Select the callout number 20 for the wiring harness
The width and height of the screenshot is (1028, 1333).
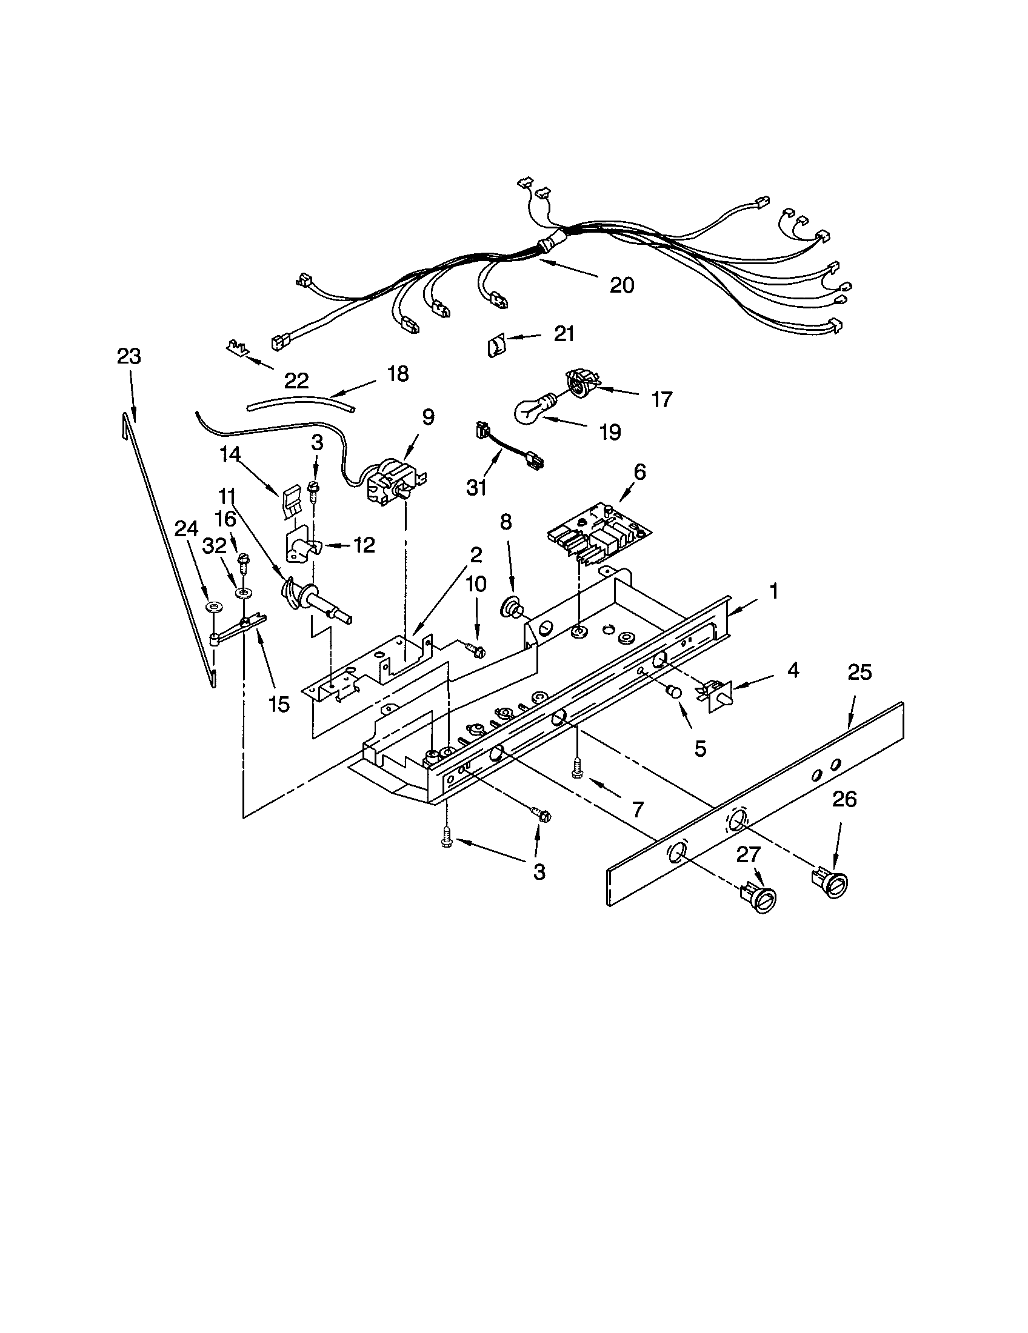[622, 285]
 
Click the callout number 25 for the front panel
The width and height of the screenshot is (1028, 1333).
[859, 673]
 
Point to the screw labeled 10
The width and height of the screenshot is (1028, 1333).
[476, 650]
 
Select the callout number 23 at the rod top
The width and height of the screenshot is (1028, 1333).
[129, 356]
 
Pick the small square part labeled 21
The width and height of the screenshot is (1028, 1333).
[496, 346]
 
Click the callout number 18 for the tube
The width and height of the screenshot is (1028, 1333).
[398, 373]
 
